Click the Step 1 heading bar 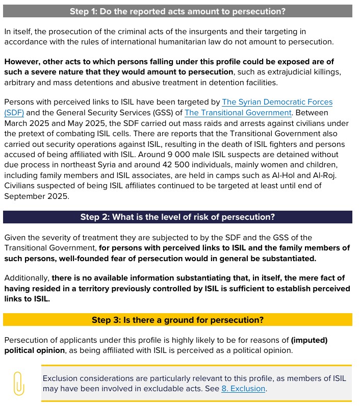(x=177, y=11)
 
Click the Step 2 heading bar (x=177, y=217)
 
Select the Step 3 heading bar (x=177, y=320)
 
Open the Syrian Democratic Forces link (x=277, y=103)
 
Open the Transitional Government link (x=238, y=113)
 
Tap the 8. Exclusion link (x=243, y=389)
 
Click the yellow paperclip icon (x=19, y=383)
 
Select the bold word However (x=21, y=61)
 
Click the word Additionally (x=27, y=278)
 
